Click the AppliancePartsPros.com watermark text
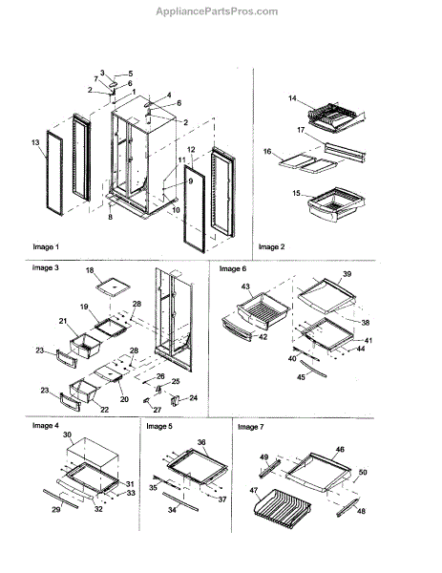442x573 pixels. coord(217,11)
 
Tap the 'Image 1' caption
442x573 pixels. coord(46,246)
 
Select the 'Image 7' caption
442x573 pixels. coord(250,427)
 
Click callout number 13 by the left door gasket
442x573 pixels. coord(35,142)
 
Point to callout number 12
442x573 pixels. coord(191,149)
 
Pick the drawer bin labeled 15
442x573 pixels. coord(336,204)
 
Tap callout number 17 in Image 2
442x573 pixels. coord(301,130)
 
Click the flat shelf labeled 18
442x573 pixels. coord(114,285)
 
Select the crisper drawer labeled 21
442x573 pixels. coord(86,345)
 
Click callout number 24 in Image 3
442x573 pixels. coord(193,397)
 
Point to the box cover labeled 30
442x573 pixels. coord(94,453)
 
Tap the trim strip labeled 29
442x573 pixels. coord(61,499)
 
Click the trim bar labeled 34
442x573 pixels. coord(180,501)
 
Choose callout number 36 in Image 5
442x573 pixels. coord(201,442)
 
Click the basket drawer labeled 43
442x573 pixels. coord(263,310)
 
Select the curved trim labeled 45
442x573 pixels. coord(313,368)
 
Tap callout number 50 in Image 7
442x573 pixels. coord(363,472)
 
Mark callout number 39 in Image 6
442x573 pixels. coord(347,274)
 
